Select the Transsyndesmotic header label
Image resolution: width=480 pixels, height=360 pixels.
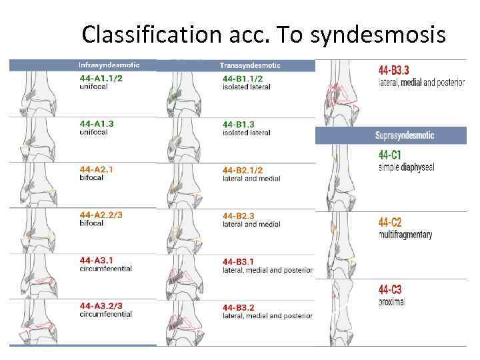coord(250,65)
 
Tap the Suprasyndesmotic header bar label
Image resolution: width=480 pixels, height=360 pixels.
coord(405,135)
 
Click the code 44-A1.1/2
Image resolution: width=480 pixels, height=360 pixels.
coord(101,78)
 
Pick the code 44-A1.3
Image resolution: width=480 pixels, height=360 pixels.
coord(97,123)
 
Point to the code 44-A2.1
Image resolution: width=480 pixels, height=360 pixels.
coord(97,169)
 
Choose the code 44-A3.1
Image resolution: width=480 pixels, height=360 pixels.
coord(97,260)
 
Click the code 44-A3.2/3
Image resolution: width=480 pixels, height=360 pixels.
coord(101,305)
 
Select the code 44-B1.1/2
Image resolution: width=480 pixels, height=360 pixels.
coord(247,78)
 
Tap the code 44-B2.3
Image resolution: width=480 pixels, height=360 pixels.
coord(239,216)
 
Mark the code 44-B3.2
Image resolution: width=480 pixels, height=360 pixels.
coord(239,307)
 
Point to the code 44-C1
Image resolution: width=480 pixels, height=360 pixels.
coord(390,155)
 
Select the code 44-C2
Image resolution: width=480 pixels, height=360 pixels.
coord(390,222)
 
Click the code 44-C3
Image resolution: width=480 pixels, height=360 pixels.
coord(390,290)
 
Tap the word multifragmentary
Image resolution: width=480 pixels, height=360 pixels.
coord(405,235)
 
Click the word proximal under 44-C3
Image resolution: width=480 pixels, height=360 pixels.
coord(393,303)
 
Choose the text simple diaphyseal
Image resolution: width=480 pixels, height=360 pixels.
coord(406,167)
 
